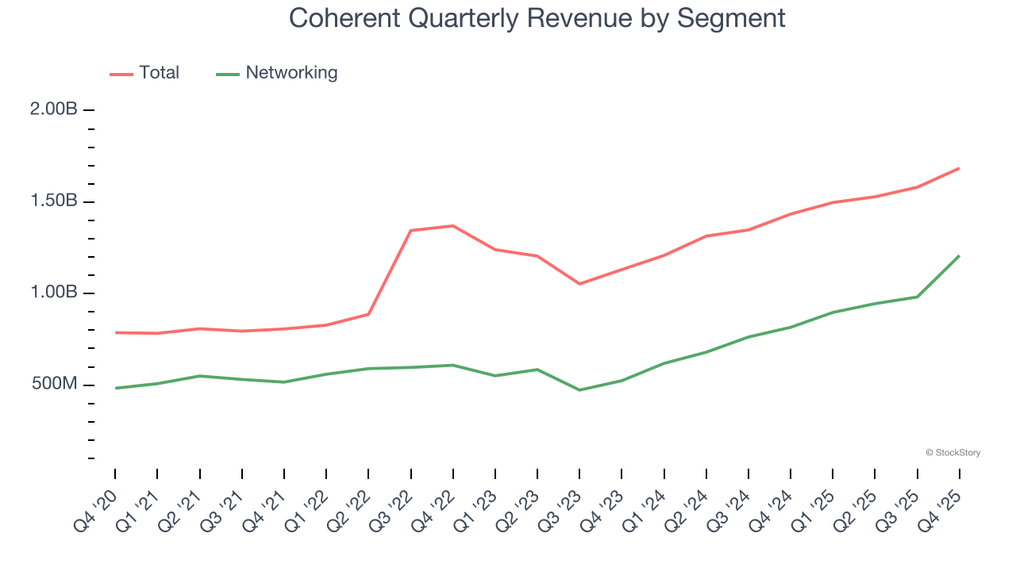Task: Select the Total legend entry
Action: click(x=145, y=73)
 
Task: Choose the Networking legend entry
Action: click(x=278, y=73)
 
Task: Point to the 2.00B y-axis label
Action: click(x=54, y=109)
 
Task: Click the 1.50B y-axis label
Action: click(x=54, y=201)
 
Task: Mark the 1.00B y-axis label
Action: click(x=54, y=293)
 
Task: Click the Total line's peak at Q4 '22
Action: click(x=452, y=226)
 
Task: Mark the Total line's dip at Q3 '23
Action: click(x=579, y=284)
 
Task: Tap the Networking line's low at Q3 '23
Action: click(x=579, y=390)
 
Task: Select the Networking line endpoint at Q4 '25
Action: click(x=959, y=255)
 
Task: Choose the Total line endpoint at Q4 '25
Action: click(x=959, y=168)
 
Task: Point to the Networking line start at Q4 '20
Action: click(x=115, y=388)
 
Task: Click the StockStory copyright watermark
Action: click(x=952, y=453)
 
